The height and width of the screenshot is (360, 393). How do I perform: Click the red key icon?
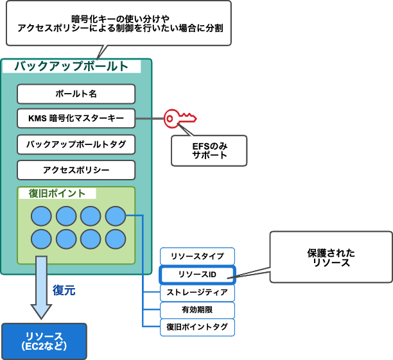coord(179,118)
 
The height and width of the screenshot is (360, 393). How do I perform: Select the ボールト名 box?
coord(76,94)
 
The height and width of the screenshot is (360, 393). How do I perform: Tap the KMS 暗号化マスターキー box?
coord(76,118)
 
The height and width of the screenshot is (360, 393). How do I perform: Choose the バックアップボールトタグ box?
coord(76,144)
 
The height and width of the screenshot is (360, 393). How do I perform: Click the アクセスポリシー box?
coord(76,170)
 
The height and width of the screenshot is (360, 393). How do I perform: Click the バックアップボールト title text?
coord(71,66)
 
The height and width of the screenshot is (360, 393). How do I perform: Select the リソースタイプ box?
coord(197,256)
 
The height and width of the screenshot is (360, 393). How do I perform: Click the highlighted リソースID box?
coord(197,275)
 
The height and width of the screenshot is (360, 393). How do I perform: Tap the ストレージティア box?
coord(197,293)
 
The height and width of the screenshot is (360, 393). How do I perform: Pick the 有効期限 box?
coord(197,310)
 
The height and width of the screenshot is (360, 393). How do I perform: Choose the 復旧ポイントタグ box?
coord(197,327)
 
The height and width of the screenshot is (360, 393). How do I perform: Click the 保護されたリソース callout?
coord(331,257)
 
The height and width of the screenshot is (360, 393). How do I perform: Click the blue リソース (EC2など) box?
coord(44,341)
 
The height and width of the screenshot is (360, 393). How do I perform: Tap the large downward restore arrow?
coord(42,286)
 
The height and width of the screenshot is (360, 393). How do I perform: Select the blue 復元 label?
coord(64,290)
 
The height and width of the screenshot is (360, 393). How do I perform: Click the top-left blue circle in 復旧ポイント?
coord(41,216)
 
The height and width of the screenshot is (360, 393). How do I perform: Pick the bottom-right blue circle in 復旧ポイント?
coord(115,239)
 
